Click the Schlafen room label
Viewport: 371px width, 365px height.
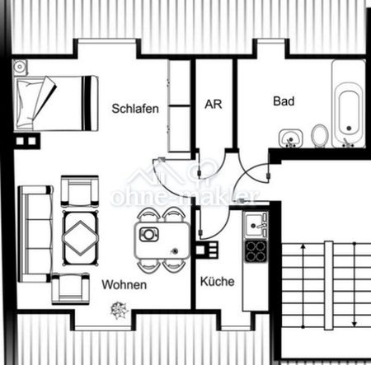click(x=135, y=108)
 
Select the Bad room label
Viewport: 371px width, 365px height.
click(x=284, y=101)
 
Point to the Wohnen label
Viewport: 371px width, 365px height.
click(x=124, y=284)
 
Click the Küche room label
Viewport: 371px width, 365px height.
click(x=218, y=281)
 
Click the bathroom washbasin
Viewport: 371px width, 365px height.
click(x=289, y=136)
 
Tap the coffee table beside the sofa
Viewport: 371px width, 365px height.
click(x=82, y=232)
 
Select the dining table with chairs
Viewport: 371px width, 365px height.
click(x=160, y=239)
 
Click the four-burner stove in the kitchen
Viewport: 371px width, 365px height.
click(x=256, y=250)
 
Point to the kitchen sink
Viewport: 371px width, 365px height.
click(x=256, y=222)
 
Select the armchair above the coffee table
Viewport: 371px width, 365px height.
click(x=79, y=191)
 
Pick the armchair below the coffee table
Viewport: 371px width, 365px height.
click(x=71, y=288)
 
